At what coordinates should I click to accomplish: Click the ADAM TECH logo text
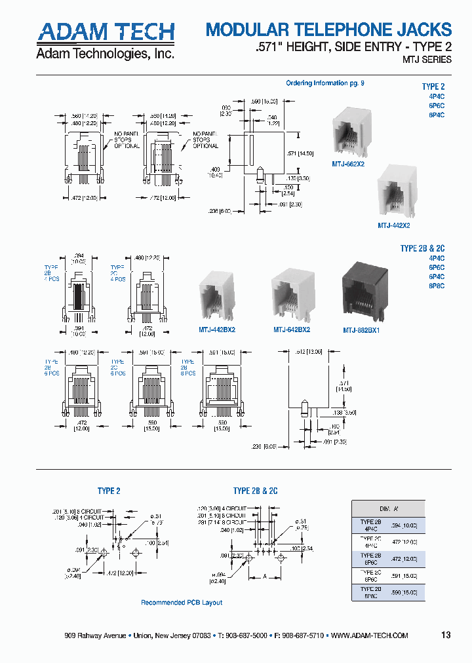point(105,31)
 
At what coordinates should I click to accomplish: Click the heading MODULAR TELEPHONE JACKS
point(328,29)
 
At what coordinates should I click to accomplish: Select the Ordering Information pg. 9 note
point(325,83)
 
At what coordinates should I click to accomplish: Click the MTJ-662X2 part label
point(348,164)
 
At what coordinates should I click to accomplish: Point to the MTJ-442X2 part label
point(393,225)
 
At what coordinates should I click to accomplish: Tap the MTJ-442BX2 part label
point(216,330)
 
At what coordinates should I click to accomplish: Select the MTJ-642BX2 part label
point(292,330)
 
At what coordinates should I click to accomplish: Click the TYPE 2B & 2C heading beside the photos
point(422,248)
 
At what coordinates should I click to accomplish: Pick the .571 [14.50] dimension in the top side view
point(309,153)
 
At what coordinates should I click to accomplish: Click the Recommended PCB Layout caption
point(182,603)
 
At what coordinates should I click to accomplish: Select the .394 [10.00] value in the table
point(403,525)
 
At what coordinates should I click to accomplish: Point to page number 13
point(446,635)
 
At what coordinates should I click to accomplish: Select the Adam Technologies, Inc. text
point(105,54)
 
